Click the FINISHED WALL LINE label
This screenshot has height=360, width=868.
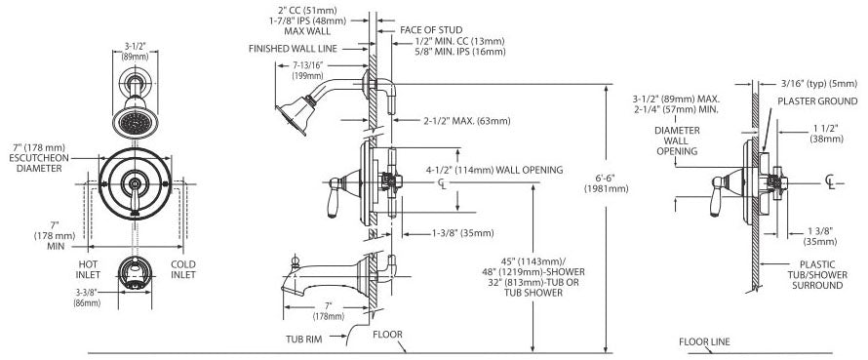coord(293,49)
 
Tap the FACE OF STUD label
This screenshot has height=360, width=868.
coord(431,29)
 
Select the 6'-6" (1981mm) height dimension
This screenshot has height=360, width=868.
coord(607,182)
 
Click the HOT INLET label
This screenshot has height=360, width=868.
coord(88,269)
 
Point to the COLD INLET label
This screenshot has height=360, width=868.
coord(183,269)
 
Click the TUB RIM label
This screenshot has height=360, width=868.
coord(304,339)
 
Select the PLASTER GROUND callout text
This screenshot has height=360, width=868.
coord(817,100)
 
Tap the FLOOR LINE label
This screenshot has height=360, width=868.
coord(704,341)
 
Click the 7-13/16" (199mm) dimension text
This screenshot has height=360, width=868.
coord(308,70)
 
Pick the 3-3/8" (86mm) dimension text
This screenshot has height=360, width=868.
coord(87,298)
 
